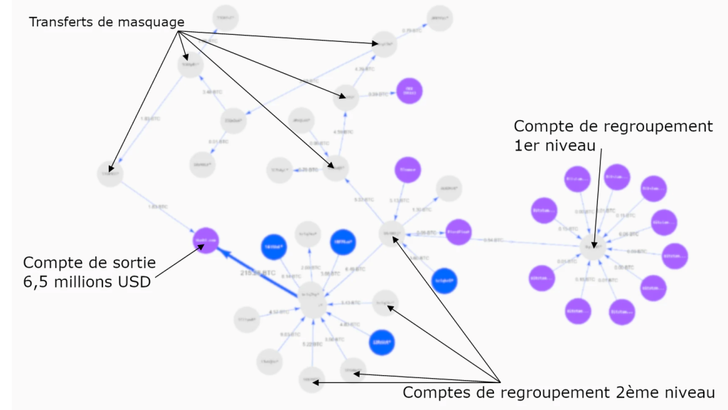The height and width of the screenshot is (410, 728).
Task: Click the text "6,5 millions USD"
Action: pyautogui.click(x=87, y=281)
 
